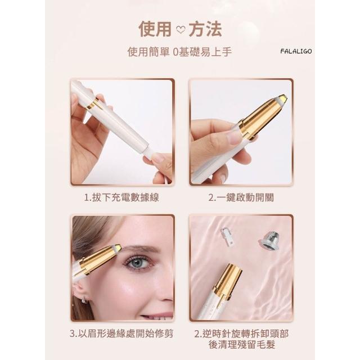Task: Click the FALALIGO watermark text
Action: coord(296,51)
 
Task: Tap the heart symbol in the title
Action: coord(180,30)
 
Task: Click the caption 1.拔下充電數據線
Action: coord(121,197)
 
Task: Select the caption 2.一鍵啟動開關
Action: coord(241,197)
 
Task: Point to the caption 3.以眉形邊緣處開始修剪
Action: coord(121,334)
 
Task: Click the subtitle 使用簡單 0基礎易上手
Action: coord(180,52)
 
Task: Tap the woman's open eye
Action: coord(138,263)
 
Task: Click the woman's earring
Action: coord(85,300)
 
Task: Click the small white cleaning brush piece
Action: coord(226,238)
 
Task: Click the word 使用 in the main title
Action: coord(155,29)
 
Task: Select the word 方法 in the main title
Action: coord(205,29)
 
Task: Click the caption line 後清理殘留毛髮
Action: coord(242,345)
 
